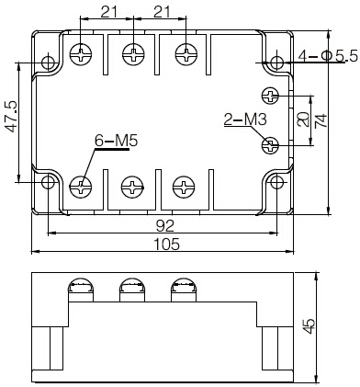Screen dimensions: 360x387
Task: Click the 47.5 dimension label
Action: point(11,117)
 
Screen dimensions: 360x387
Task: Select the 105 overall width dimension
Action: point(166,245)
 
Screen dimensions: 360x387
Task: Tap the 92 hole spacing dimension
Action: point(165,226)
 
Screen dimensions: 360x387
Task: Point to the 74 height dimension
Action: point(321,120)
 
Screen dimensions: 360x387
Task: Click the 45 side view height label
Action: point(309,326)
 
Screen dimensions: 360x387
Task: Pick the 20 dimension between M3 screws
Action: point(303,120)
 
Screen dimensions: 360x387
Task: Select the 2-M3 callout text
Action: point(245,120)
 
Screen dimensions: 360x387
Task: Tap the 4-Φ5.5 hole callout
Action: point(329,56)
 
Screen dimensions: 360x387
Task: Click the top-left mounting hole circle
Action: point(48,63)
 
